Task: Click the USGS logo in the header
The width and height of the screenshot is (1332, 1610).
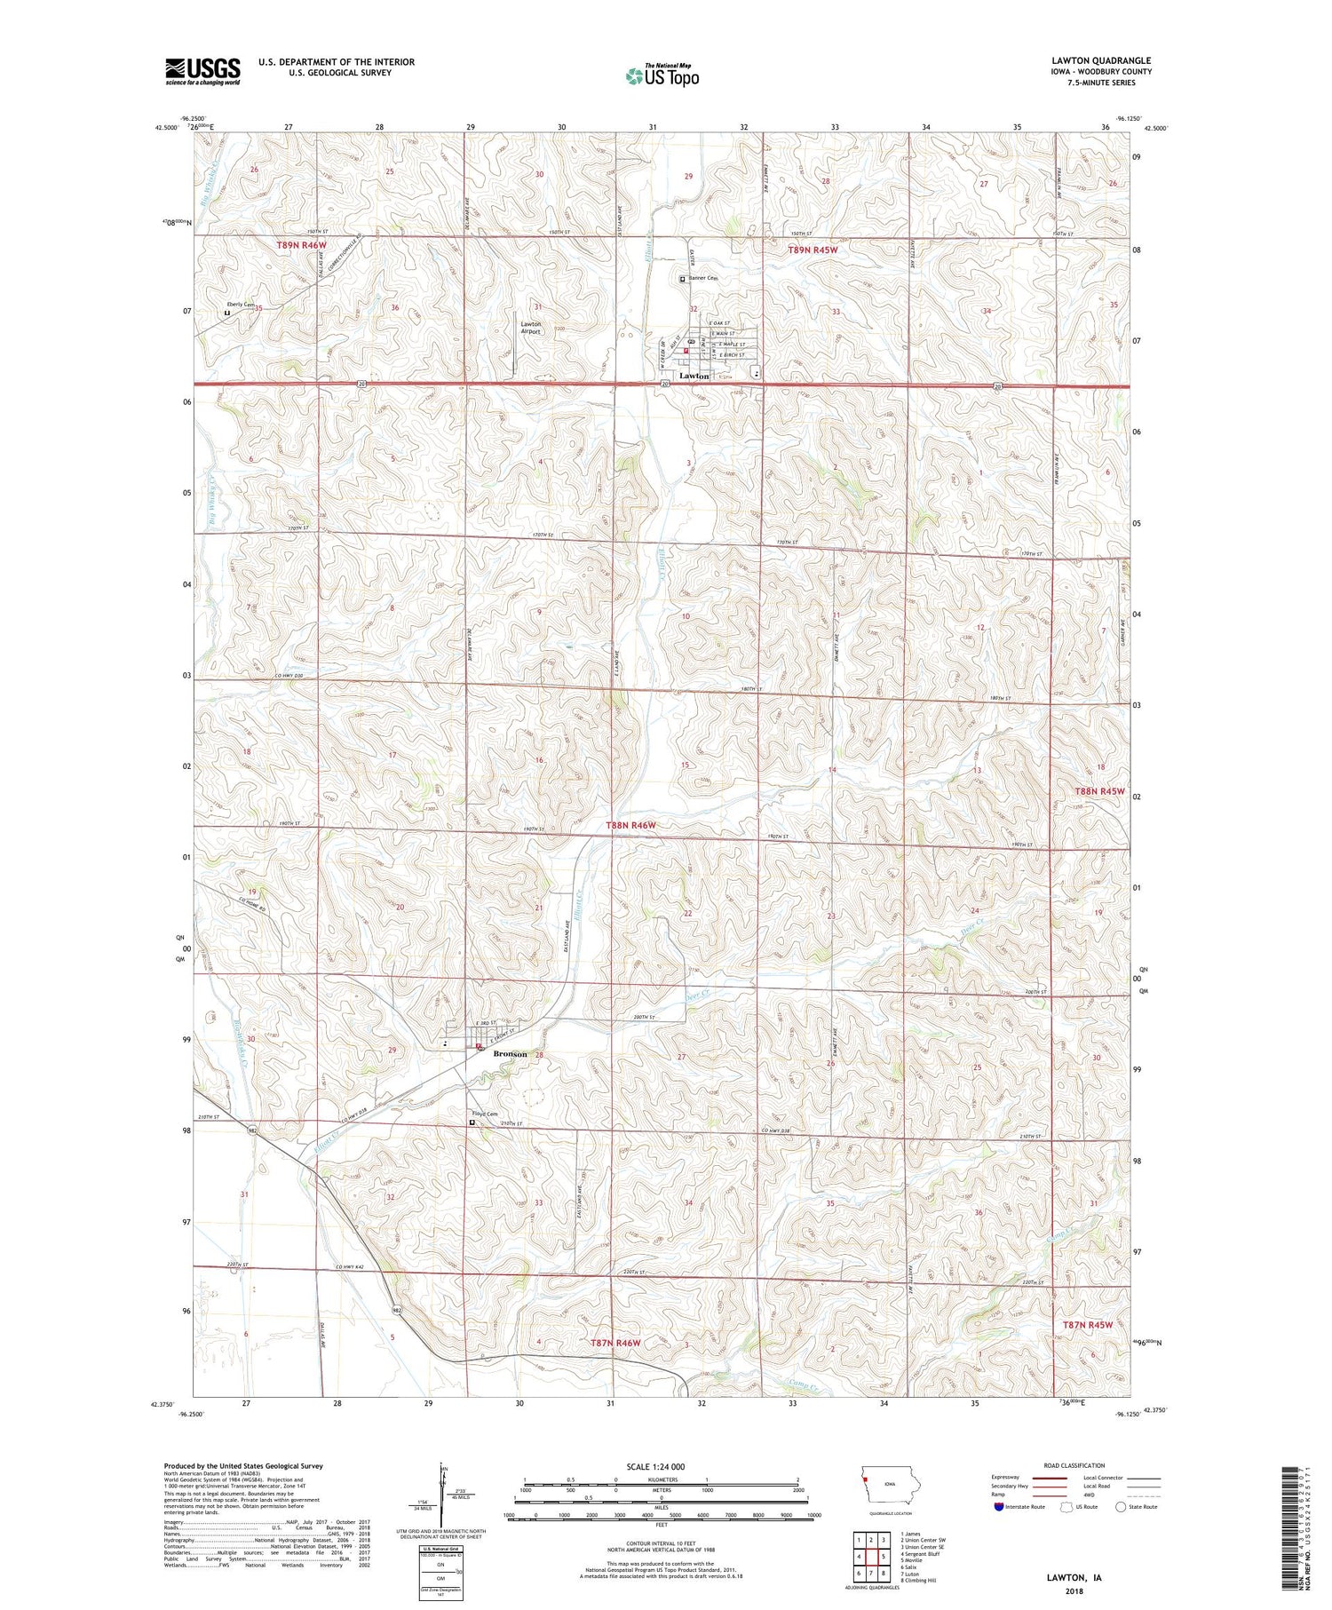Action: (202, 71)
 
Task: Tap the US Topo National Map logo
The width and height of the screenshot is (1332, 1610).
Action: (662, 76)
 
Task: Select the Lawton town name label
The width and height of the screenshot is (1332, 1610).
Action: (694, 376)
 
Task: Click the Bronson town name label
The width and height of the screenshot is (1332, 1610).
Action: (510, 1054)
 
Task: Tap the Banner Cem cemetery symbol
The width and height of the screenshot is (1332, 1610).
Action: (682, 279)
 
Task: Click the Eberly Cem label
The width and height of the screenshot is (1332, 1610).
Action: (240, 305)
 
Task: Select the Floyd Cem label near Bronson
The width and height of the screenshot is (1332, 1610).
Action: (484, 1114)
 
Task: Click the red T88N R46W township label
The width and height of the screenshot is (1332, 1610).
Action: (630, 826)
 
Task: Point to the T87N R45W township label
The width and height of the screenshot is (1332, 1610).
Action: (1087, 1324)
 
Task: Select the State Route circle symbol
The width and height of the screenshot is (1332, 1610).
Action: (1121, 1507)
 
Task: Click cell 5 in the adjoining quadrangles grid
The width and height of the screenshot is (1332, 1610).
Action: (884, 1557)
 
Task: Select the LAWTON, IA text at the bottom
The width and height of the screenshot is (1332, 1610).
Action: (1073, 1577)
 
